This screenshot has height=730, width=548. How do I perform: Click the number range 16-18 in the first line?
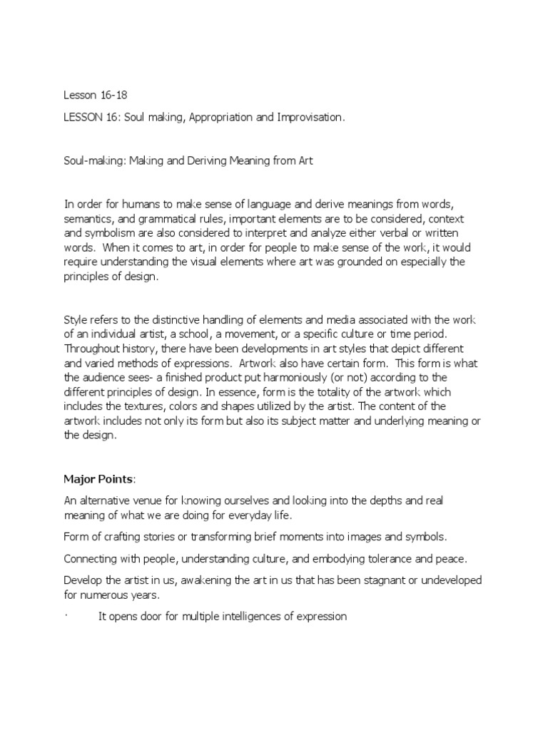pos(106,94)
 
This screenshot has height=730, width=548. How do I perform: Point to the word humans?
pos(133,205)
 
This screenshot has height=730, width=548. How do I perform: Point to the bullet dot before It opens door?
pos(66,617)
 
